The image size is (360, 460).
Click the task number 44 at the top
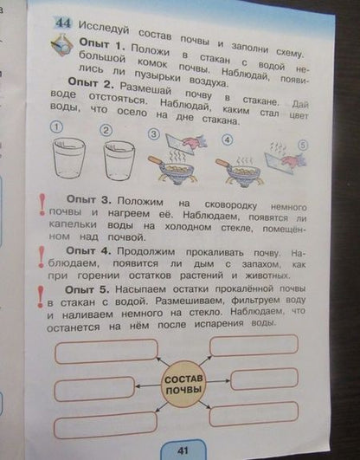point(63,23)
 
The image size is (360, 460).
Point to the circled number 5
point(304,144)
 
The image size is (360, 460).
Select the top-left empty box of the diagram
point(106,349)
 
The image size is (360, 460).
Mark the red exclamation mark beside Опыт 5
point(39,295)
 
